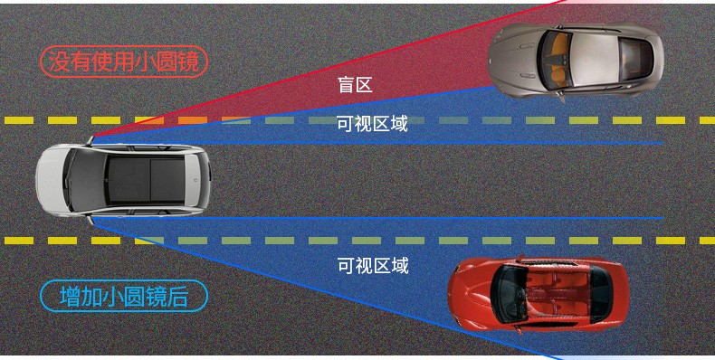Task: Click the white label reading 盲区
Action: (355, 85)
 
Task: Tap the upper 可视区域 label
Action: (372, 124)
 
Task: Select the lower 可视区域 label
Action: (373, 266)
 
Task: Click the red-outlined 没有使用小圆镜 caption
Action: (123, 62)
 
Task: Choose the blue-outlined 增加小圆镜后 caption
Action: (123, 296)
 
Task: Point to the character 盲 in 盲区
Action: (346, 85)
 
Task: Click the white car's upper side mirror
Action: (90, 139)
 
